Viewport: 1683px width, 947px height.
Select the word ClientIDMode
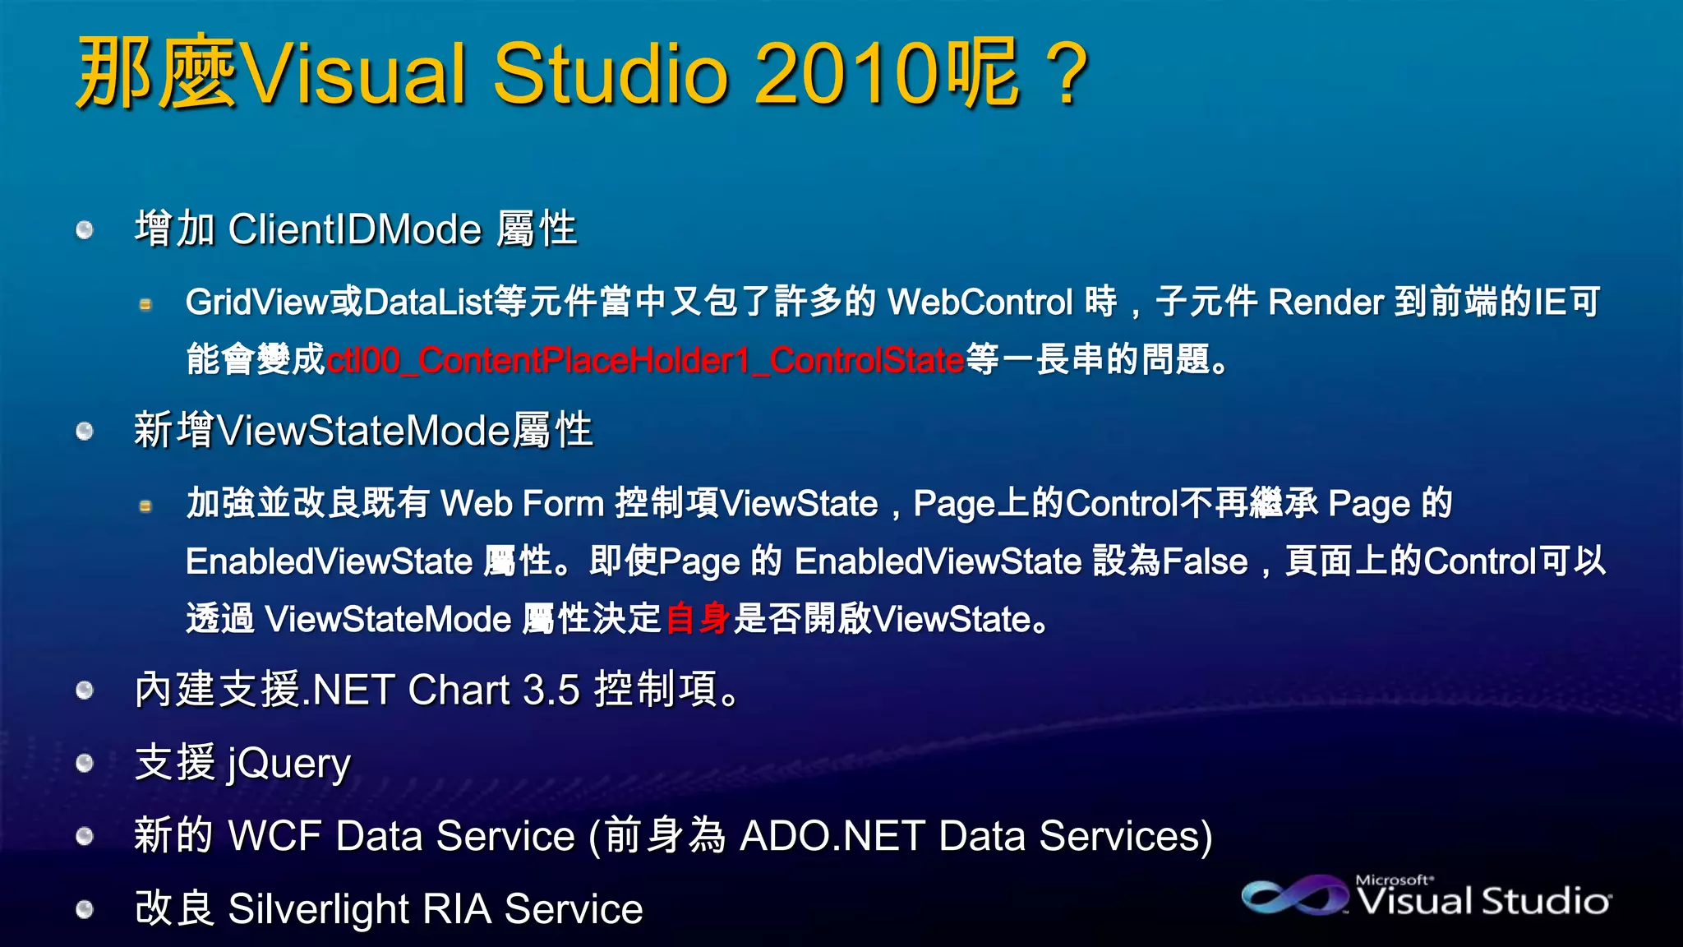[355, 229]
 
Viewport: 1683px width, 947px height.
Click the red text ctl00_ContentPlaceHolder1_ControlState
[645, 360]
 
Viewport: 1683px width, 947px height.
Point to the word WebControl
[980, 303]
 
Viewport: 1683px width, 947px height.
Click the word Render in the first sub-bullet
[1326, 303]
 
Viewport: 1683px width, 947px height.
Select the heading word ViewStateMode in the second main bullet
[364, 431]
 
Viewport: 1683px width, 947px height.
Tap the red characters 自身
[698, 619]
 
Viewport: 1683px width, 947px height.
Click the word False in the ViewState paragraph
[1205, 562]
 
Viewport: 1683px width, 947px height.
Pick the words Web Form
[522, 504]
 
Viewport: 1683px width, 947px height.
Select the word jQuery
[289, 765]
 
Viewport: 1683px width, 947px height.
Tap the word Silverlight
[318, 910]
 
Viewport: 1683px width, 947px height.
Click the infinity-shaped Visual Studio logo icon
[1293, 896]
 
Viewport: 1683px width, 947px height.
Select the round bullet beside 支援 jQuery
[85, 764]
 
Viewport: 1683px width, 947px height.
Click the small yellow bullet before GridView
[145, 305]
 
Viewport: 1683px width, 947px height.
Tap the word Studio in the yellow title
[610, 74]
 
